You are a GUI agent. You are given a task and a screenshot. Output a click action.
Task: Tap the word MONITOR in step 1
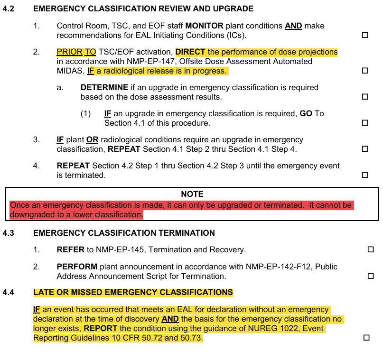coord(205,26)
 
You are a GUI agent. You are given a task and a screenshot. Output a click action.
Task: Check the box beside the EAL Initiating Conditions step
coord(365,35)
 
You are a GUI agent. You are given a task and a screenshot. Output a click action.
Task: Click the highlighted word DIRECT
coord(190,52)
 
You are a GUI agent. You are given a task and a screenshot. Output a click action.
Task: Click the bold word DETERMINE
coord(104,87)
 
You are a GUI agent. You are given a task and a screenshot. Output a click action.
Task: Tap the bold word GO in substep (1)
coord(306,113)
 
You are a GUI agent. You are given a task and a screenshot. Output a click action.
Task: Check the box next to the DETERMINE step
coord(365,97)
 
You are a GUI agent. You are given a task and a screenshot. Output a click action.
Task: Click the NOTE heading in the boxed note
coord(192,194)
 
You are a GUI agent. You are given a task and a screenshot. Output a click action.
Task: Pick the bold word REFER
coord(70,249)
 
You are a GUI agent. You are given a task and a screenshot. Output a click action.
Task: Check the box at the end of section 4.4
coord(366,338)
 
